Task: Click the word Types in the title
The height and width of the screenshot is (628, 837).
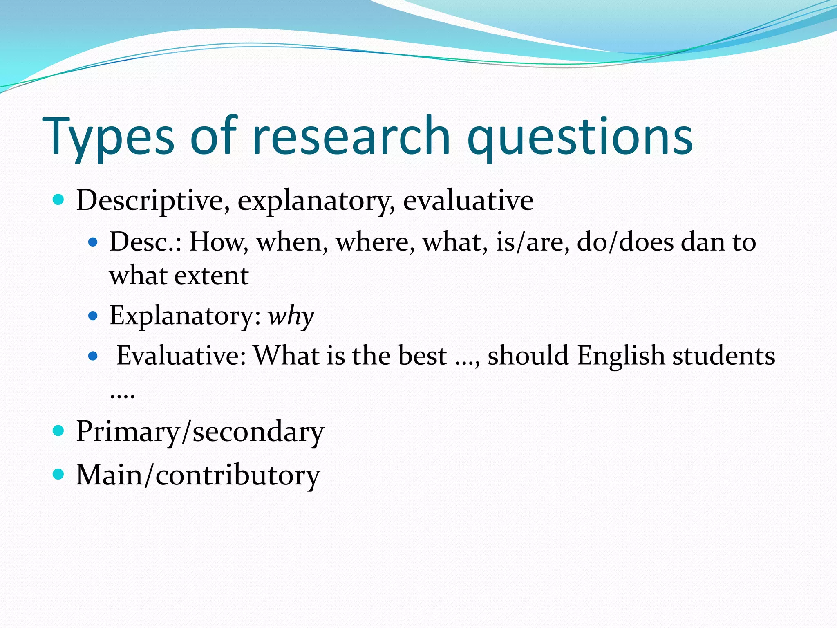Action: point(108,137)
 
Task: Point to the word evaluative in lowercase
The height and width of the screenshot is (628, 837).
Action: point(468,200)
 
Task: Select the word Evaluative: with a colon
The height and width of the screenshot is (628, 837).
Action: point(181,356)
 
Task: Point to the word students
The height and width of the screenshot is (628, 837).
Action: point(724,356)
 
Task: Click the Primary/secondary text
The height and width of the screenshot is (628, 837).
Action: point(200,432)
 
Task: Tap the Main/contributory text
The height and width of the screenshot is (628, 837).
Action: point(198,475)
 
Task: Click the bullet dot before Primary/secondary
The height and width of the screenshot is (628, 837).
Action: point(59,431)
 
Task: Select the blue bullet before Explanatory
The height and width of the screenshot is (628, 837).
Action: point(93,316)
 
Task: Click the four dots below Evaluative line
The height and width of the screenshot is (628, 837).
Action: point(122,395)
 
